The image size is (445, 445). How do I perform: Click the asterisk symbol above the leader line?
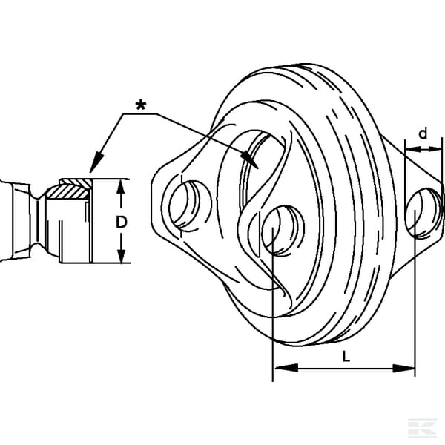(x=141, y=105)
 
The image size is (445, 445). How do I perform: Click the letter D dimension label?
(x=121, y=222)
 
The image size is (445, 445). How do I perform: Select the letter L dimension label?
(x=346, y=357)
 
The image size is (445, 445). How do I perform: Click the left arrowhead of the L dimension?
(x=286, y=368)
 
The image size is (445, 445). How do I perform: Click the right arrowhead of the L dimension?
(x=403, y=369)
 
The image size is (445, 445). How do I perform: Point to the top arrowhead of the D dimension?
(x=121, y=187)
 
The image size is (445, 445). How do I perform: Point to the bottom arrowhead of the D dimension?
(x=121, y=256)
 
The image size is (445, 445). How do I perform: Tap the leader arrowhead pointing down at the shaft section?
(x=96, y=162)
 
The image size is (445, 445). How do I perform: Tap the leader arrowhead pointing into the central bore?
(x=249, y=159)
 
